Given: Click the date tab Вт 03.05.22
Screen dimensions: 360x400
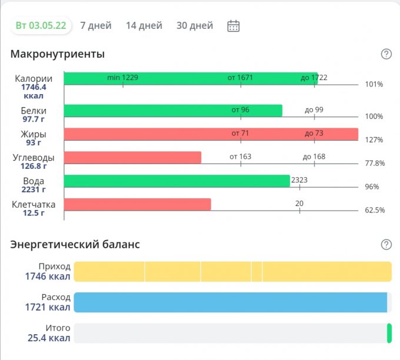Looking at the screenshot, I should pos(41,25).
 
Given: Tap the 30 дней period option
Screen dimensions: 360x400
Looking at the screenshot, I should pos(194,25).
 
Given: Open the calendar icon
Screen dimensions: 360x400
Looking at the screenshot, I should pos(234,26).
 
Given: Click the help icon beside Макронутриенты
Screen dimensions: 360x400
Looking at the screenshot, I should pos(386,54).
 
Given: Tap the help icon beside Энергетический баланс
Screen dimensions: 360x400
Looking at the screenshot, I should pos(386,245).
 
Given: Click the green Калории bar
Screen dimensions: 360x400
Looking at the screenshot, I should pos(191,78).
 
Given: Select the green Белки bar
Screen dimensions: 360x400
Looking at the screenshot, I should pos(173,111).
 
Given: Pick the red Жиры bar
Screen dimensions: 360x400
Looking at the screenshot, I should pos(211,134).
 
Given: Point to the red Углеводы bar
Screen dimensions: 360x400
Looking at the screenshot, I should pos(132,158).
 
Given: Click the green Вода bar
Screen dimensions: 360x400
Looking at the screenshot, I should pos(176,181).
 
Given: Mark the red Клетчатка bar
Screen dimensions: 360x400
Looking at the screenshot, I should pos(137,205).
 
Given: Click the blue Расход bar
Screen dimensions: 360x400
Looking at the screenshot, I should pos(231,302).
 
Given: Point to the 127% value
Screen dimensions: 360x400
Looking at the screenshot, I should pos(374,140).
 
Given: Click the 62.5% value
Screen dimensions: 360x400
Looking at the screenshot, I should pos(375,211).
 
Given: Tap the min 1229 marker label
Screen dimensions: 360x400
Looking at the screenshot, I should pos(122,78).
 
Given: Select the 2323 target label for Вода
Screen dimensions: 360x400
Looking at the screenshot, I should pos(299,179).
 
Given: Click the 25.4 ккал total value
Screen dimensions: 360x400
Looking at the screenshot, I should pos(49,338).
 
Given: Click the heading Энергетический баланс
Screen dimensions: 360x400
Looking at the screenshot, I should pos(75,245).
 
